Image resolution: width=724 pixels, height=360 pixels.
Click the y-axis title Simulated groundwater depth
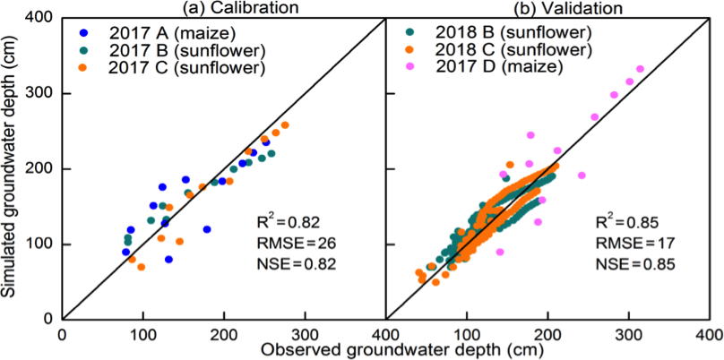point(13,167)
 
